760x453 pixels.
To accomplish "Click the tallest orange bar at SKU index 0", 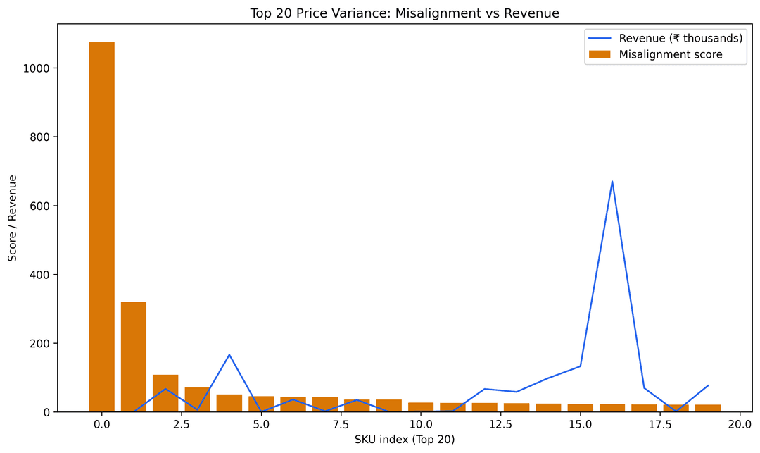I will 101,225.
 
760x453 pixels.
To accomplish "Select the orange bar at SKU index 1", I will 134,356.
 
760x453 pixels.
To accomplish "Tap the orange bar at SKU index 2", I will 165,393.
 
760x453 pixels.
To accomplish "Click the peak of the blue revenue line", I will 612,182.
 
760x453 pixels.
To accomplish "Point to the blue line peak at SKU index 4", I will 229,355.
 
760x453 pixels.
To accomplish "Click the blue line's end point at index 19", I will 708,385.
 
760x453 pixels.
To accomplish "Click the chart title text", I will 405,13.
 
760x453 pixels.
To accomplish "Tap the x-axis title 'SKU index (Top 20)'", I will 405,440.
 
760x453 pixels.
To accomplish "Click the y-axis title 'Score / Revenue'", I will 13,218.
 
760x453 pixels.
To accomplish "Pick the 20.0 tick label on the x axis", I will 740,424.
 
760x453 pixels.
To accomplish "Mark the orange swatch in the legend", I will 600,54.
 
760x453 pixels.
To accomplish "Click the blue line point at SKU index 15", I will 581,366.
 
